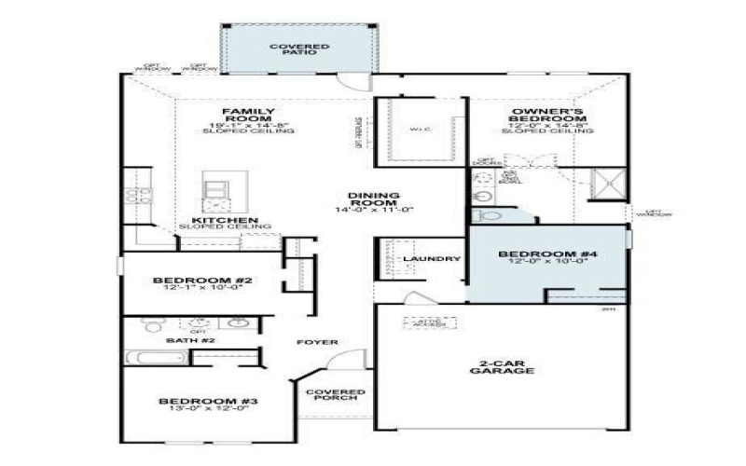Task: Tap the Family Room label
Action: point(248,115)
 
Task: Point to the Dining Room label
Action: point(374,199)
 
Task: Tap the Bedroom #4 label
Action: point(534,254)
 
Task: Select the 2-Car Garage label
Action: point(501,365)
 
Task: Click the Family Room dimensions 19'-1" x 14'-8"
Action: point(248,125)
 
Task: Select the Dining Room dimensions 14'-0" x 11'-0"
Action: point(374,210)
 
